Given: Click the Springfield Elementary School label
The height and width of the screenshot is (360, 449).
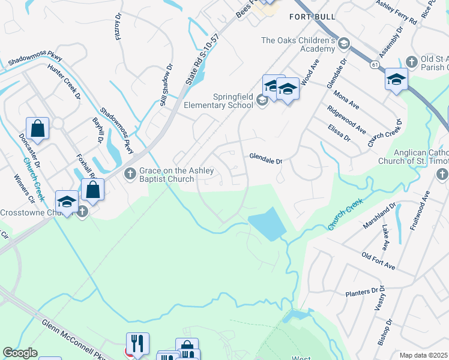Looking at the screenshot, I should (x=224, y=100).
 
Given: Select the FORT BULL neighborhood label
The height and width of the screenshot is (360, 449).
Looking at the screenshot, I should (x=312, y=16).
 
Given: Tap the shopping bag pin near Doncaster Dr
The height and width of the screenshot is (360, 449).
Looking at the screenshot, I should (x=37, y=129).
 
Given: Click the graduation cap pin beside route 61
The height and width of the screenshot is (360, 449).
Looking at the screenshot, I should (x=396, y=80).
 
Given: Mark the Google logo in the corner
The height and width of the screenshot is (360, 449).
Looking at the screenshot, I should (x=20, y=353).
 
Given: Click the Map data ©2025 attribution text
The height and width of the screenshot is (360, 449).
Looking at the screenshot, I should (x=423, y=355).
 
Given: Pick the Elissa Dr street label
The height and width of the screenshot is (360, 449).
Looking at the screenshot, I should (x=339, y=133).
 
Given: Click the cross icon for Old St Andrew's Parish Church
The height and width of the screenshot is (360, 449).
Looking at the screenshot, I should (x=411, y=62).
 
